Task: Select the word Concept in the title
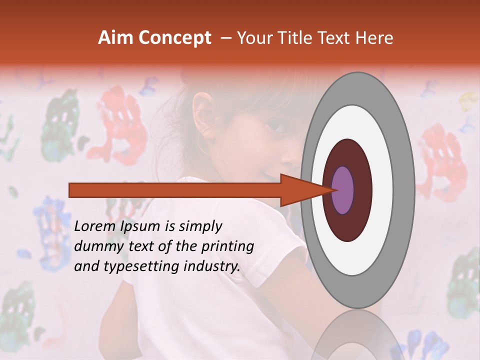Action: pyautogui.click(x=175, y=38)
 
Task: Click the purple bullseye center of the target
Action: pyautogui.click(x=342, y=190)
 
